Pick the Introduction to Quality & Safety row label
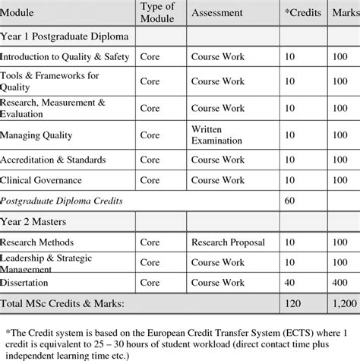click(x=65, y=57)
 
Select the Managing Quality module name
click(x=37, y=135)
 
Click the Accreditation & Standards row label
click(x=53, y=160)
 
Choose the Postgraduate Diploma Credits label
click(x=62, y=201)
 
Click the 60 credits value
click(x=289, y=201)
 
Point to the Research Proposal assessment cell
click(x=228, y=242)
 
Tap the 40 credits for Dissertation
click(x=289, y=283)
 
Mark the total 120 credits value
click(x=291, y=304)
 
